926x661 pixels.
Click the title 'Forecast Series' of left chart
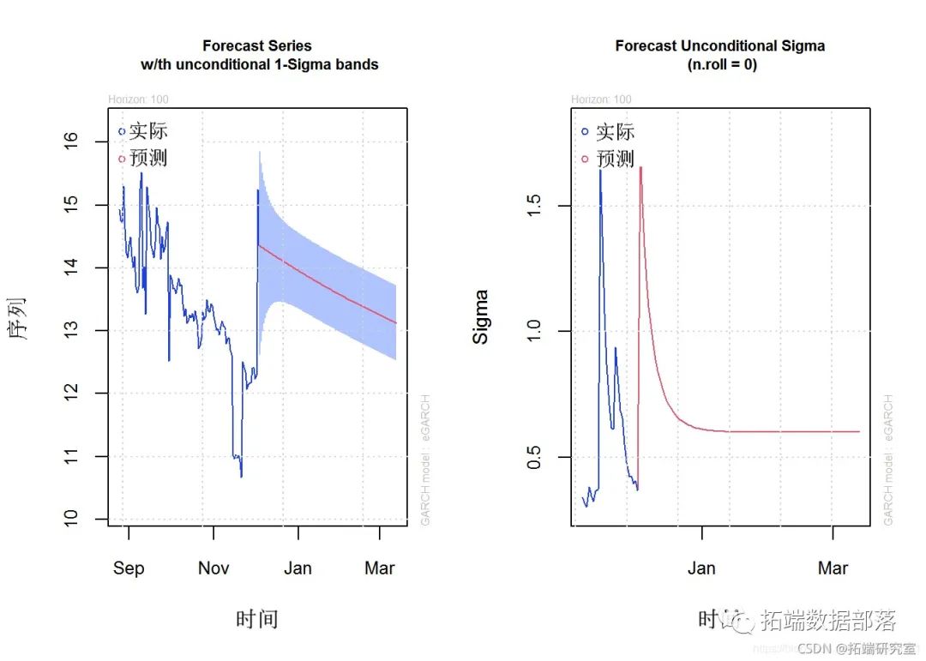pyautogui.click(x=257, y=45)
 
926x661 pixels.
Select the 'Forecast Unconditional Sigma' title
pyautogui.click(x=720, y=45)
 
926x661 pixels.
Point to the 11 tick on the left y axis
pyautogui.click(x=72, y=456)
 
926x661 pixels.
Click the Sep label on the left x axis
pyautogui.click(x=129, y=568)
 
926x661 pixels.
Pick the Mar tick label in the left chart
pyautogui.click(x=380, y=568)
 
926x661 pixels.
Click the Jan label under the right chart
pyautogui.click(x=701, y=568)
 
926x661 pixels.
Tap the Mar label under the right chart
pyautogui.click(x=833, y=568)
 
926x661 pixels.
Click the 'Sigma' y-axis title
pyautogui.click(x=481, y=317)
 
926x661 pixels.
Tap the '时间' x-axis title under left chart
pyautogui.click(x=257, y=619)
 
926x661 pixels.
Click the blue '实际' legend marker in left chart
pyautogui.click(x=122, y=131)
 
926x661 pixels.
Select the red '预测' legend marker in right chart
pyautogui.click(x=585, y=159)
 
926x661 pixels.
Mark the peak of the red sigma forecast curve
pyautogui.click(x=640, y=168)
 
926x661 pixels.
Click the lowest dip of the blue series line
pyautogui.click(x=241, y=476)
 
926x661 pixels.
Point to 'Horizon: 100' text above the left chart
pyautogui.click(x=138, y=99)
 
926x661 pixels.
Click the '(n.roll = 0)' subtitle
pyautogui.click(x=720, y=64)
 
